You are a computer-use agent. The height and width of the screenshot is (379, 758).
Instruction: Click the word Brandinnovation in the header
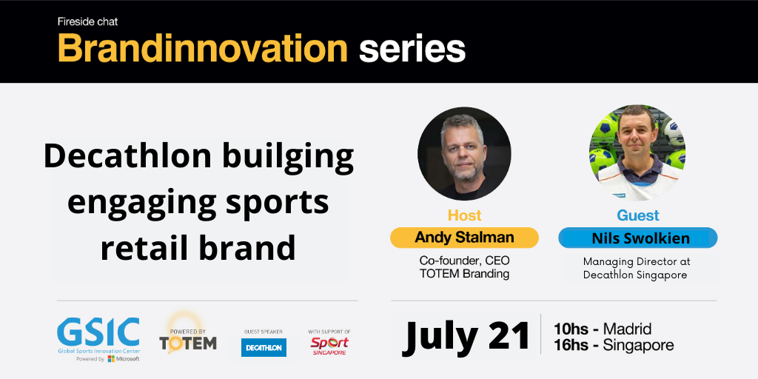coord(203,48)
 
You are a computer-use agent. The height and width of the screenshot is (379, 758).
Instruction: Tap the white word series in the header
coord(412,50)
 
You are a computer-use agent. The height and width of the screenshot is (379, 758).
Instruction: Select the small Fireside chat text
coord(87,21)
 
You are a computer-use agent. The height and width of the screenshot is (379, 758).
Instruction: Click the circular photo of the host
coord(464,154)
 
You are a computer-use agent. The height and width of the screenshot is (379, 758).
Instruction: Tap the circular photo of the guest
coord(637,152)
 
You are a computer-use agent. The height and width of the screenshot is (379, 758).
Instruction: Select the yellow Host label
coord(465,215)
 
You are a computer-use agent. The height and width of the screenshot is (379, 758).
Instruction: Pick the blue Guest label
coord(638,215)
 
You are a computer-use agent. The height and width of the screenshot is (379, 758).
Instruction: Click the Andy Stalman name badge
coord(464,238)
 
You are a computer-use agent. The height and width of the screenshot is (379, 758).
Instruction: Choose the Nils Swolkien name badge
coord(637,238)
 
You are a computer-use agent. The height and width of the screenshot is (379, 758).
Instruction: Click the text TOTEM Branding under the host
coord(464,274)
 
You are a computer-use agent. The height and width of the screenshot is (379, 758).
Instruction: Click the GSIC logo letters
coord(98,332)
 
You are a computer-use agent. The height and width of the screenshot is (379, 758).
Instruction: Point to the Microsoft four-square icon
coord(111,359)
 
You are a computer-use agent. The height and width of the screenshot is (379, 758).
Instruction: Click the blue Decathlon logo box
coord(264,348)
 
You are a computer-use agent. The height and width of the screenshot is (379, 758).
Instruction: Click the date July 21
coord(466,336)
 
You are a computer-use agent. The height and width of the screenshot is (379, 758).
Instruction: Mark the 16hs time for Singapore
coord(570,345)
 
